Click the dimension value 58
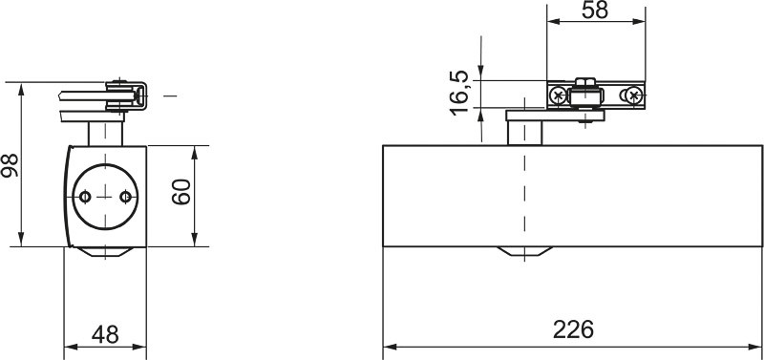pyautogui.click(x=595, y=11)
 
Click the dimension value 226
pyautogui.click(x=573, y=329)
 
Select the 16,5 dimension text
pyautogui.click(x=459, y=93)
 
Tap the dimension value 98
pyautogui.click(x=11, y=165)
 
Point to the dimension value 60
pyautogui.click(x=181, y=192)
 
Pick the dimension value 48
pyautogui.click(x=105, y=334)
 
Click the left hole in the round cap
pyautogui.click(x=85, y=197)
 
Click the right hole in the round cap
pyautogui.click(x=126, y=197)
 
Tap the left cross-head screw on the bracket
pyautogui.click(x=559, y=95)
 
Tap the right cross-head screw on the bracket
pyautogui.click(x=633, y=95)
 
